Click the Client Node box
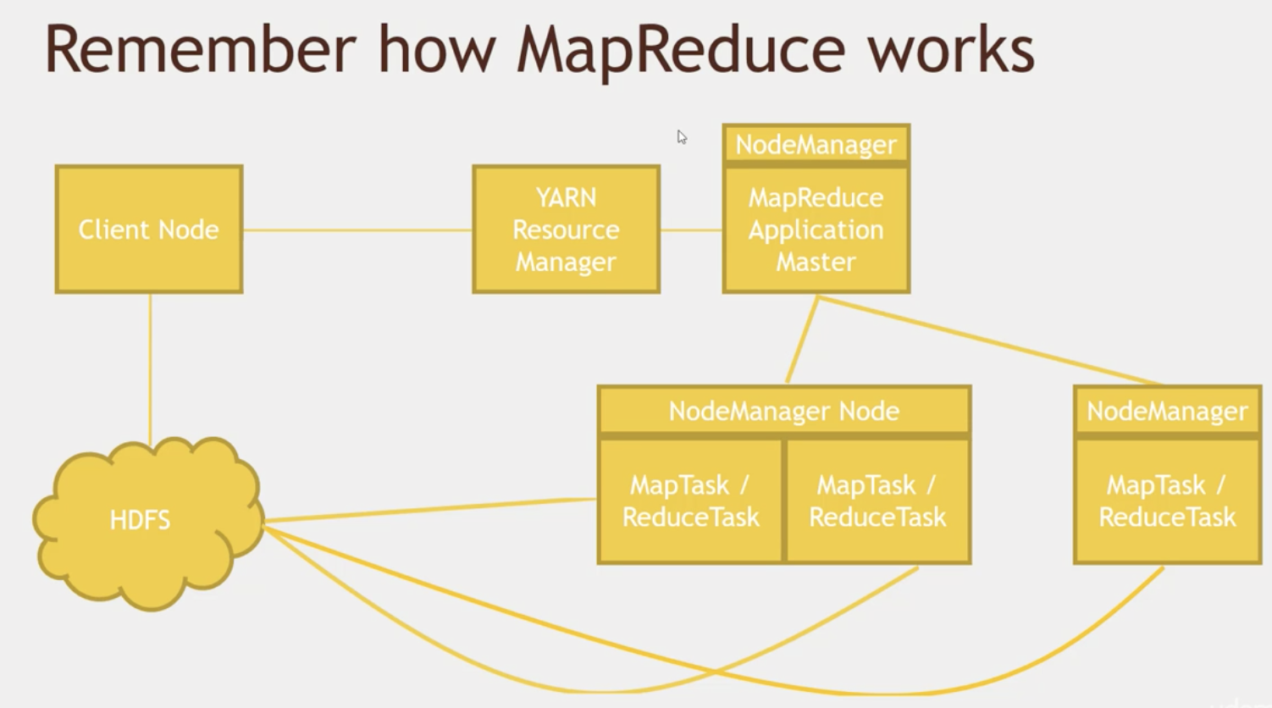coord(149,230)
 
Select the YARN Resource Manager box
coord(567,230)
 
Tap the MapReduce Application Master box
coord(816,230)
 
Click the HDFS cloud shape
coord(147,523)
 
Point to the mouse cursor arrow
coord(682,137)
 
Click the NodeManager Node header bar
coord(784,411)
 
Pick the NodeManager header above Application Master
coord(816,144)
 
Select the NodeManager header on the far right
coord(1168,411)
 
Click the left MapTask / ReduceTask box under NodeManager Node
coord(690,501)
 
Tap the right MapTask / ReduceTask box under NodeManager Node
coord(878,501)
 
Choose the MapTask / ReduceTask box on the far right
coord(1168,501)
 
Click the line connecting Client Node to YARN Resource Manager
coord(357,230)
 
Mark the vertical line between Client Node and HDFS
coord(150,369)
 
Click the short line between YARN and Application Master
coord(692,230)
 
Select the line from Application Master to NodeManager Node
coord(802,340)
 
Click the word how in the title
coord(437,50)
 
